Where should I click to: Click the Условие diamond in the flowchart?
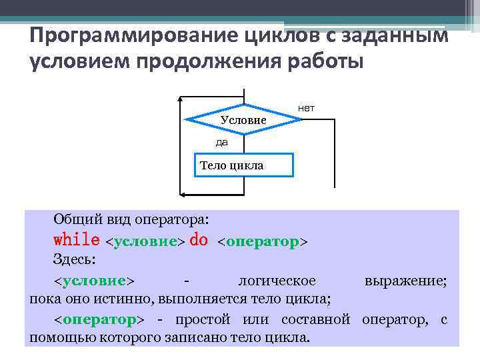(x=243, y=119)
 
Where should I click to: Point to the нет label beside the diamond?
(x=307, y=107)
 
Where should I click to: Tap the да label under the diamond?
(x=221, y=142)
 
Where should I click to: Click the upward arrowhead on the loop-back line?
(x=181, y=99)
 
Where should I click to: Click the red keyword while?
(x=76, y=239)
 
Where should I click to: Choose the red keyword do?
(x=199, y=239)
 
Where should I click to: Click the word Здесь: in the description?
(x=74, y=259)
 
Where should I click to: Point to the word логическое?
(x=277, y=281)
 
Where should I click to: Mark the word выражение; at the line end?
(x=406, y=281)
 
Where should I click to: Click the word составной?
(x=316, y=319)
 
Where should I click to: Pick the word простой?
(x=199, y=319)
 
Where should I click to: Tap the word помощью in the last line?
(x=63, y=338)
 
